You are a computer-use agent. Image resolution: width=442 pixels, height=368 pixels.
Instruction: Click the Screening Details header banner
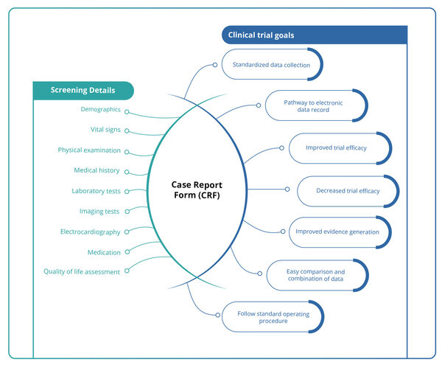coord(83,91)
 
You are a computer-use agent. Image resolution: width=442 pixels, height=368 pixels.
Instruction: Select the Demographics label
coord(100,109)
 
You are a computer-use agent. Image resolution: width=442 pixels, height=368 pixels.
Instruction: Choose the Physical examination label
coord(89,150)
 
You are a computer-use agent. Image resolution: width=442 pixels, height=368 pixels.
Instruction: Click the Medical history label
coord(97,170)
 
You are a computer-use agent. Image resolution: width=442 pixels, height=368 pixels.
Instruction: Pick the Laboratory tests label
coord(96,191)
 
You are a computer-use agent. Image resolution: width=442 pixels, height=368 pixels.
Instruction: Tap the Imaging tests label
coord(99,212)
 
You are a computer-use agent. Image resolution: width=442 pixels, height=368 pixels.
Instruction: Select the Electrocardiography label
coord(90,232)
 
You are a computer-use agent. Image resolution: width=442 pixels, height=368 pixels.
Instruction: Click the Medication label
coord(103,251)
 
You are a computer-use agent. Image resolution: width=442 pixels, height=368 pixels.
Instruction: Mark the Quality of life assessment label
coord(81,271)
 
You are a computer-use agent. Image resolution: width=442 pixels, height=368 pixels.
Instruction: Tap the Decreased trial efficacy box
coord(348,191)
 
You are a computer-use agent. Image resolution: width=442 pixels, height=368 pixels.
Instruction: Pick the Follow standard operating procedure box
coord(273,317)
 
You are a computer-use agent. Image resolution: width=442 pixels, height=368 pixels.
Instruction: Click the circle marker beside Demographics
coord(127,112)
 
